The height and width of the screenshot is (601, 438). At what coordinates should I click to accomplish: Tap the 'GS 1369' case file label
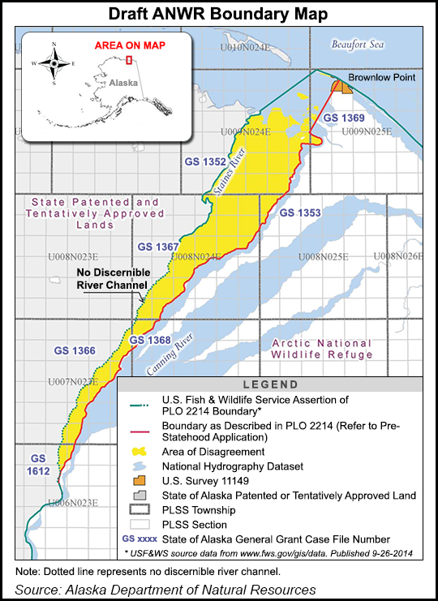click(342, 118)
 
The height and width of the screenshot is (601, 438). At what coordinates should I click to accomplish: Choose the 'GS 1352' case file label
click(204, 161)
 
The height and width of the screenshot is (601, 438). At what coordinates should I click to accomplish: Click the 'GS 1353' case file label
click(299, 212)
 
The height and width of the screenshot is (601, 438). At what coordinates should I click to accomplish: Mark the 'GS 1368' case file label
click(150, 340)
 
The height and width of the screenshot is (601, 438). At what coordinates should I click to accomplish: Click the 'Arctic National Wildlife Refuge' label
click(322, 349)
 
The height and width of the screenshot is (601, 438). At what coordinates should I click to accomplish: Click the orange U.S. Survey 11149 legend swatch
click(140, 481)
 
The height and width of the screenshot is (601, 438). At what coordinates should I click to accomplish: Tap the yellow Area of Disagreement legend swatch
click(140, 451)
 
